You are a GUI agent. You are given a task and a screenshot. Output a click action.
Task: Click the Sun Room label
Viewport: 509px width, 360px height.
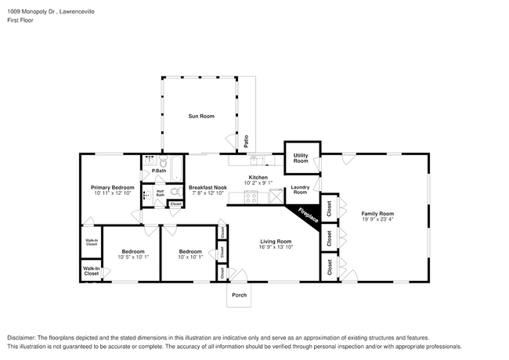coord(200,117)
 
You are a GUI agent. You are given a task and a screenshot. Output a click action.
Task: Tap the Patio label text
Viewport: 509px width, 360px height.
coord(246,141)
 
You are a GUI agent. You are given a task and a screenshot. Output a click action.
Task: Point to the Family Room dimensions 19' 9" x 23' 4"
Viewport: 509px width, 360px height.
coord(377,219)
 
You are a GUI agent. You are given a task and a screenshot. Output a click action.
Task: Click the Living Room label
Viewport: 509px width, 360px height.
coord(275,241)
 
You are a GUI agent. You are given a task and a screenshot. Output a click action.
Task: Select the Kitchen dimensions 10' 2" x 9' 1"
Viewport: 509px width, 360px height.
coord(258,184)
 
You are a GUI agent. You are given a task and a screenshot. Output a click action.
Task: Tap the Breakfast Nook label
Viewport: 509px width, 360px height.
coord(208,188)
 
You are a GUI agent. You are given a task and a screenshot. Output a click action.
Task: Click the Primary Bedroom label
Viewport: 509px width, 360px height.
coord(112,188)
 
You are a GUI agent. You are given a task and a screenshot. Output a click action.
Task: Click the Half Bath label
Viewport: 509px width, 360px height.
coord(160,193)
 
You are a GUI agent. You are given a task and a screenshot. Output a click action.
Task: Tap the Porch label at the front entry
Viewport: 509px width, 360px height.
coord(239,296)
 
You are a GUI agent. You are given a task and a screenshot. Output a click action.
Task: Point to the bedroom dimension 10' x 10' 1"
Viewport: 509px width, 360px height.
coord(190,257)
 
